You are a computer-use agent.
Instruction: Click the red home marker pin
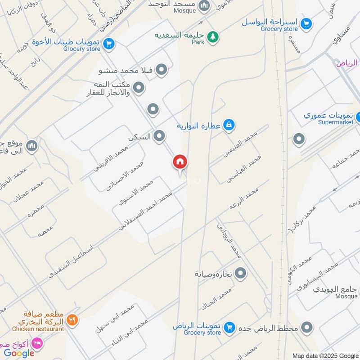click(x=180, y=162)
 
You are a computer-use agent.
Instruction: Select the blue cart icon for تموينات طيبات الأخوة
click(x=108, y=44)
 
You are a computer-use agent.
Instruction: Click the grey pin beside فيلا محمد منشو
click(x=161, y=70)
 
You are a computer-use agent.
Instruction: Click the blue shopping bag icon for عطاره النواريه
click(x=229, y=125)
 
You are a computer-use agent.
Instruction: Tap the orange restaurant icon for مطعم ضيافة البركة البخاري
click(x=72, y=320)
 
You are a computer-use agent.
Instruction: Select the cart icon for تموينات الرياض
click(x=229, y=327)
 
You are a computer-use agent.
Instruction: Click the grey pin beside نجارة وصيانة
click(x=241, y=273)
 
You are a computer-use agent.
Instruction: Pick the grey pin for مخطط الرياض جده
click(x=307, y=327)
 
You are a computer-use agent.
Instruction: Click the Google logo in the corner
click(x=19, y=353)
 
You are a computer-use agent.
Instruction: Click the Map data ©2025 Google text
click(x=325, y=355)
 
